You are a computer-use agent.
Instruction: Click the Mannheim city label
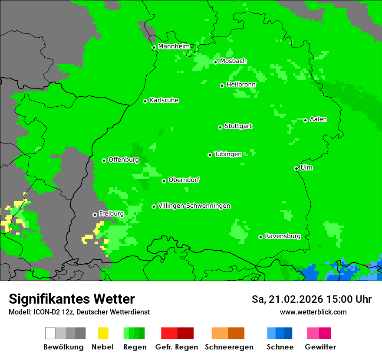pyautogui.click(x=174, y=46)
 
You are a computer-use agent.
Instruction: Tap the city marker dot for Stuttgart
pyautogui.click(x=220, y=127)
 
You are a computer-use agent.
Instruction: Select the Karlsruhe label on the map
pyautogui.click(x=164, y=100)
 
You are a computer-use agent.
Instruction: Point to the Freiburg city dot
pyautogui.click(x=95, y=215)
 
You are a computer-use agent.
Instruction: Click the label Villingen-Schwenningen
pyautogui.click(x=194, y=206)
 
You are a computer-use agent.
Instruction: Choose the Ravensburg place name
pyautogui.click(x=283, y=236)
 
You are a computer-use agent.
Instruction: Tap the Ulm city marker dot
pyautogui.click(x=296, y=169)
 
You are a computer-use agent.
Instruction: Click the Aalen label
pyautogui.click(x=318, y=119)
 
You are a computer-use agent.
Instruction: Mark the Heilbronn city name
pyautogui.click(x=241, y=85)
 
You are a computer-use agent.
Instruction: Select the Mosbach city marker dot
pyautogui.click(x=215, y=62)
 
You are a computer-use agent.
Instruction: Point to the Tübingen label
pyautogui.click(x=228, y=154)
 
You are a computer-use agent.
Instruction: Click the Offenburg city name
pyautogui.click(x=123, y=160)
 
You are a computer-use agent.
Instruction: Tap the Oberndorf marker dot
pyautogui.click(x=164, y=181)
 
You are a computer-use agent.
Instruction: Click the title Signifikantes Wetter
pyautogui.click(x=72, y=299)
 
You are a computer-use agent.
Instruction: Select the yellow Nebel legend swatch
pyautogui.click(x=103, y=333)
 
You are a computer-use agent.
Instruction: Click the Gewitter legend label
pyautogui.click(x=320, y=347)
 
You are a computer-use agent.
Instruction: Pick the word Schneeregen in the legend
pyautogui.click(x=229, y=347)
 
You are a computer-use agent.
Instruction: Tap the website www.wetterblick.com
pyautogui.click(x=313, y=312)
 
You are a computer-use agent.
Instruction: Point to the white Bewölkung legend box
pyautogui.click(x=50, y=333)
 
